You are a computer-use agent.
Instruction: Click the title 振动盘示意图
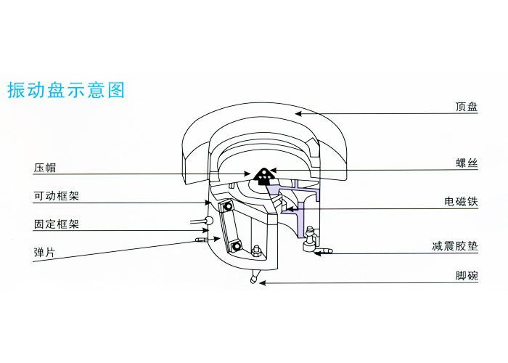tap(66, 90)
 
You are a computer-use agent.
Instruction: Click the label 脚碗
tap(466, 277)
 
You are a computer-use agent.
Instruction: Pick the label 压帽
tap(44, 168)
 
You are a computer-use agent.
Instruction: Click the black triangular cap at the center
tap(265, 174)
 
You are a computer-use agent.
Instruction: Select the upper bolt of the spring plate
tap(227, 208)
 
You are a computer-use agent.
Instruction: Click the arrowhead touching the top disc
tap(300, 112)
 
